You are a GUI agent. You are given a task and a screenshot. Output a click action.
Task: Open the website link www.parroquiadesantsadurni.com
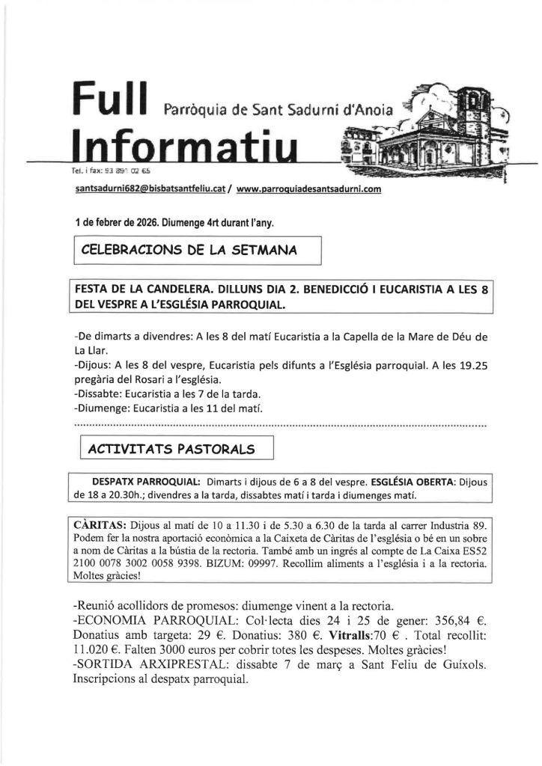(308, 190)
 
